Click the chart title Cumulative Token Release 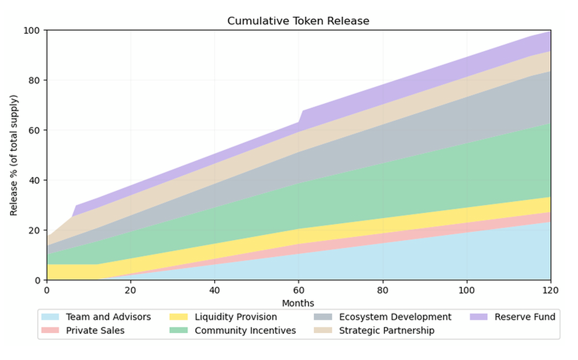pos(298,21)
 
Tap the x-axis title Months pos(298,303)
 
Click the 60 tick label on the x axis pos(298,291)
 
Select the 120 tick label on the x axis pos(551,291)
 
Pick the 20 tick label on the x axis pos(130,291)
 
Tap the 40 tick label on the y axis pos(34,180)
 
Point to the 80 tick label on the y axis pos(34,80)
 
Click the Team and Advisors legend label pos(108,317)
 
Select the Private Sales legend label pos(95,331)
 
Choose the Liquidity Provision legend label pos(236,317)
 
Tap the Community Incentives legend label pos(245,331)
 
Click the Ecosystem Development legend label pos(395,317)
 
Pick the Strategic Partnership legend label pos(386,331)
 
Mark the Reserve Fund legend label pos(525,317)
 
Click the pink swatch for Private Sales pos(50,331)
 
